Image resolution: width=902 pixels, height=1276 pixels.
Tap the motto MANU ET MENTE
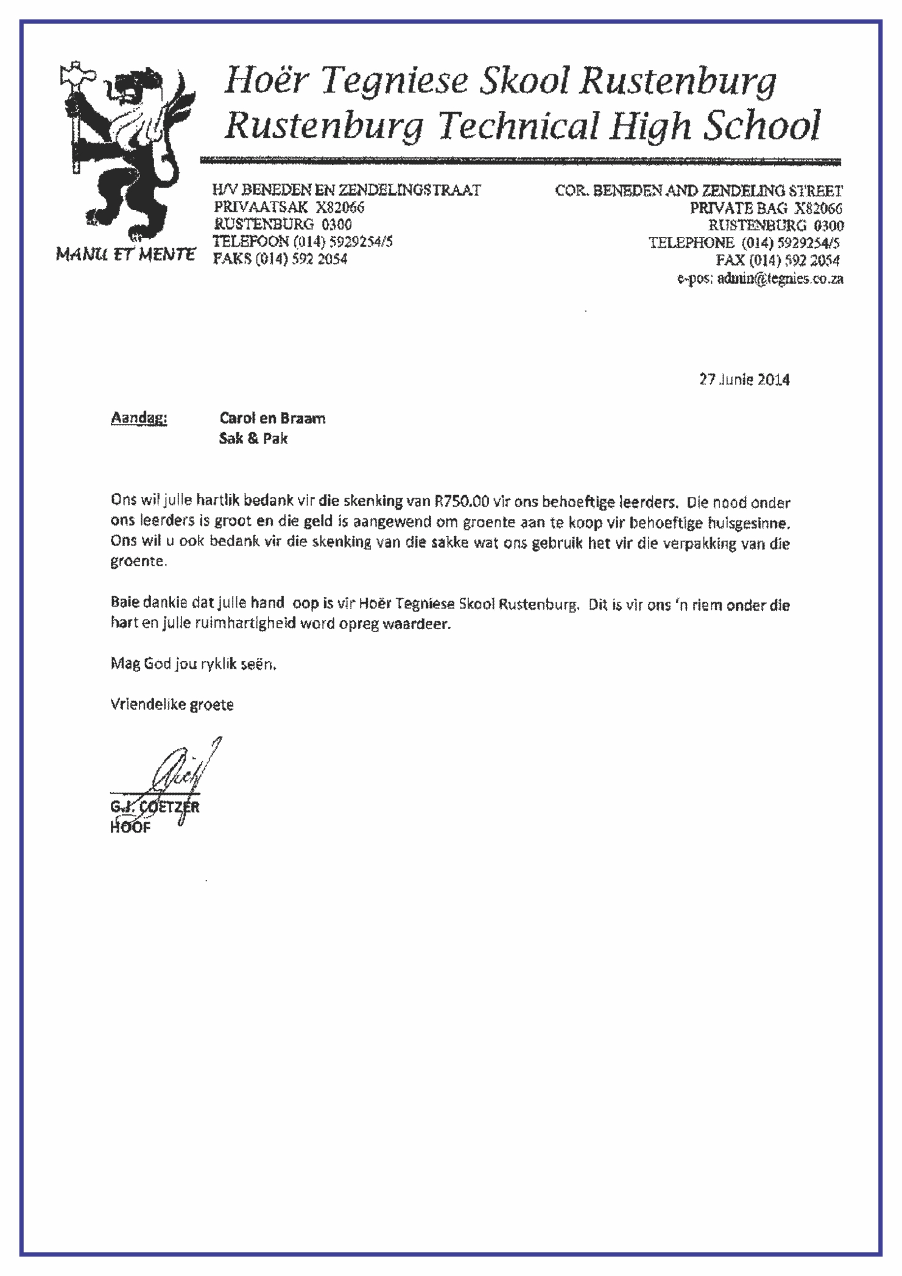pos(125,255)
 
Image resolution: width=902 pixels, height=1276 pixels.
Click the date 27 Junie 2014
pos(744,379)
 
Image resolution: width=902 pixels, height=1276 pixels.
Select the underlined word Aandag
pos(139,418)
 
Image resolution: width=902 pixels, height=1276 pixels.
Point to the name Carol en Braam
pos(272,418)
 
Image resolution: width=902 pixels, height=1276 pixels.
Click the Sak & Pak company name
pos(253,439)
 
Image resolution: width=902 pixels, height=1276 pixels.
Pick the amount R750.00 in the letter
pos(462,502)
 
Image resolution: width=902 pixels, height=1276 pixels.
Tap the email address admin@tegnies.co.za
pos(780,279)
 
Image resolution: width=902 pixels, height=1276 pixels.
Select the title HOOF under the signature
pos(130,828)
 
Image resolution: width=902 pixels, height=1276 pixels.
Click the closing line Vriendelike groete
pos(172,705)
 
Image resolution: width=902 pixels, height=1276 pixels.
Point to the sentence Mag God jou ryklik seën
pos(194,664)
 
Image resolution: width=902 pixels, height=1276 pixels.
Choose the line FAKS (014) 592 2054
pos(280,259)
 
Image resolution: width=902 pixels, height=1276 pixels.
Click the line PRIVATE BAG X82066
pos(766,208)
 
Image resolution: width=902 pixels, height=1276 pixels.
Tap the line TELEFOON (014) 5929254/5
pos(302,242)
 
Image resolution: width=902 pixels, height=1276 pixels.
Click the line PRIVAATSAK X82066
pos(289,208)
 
